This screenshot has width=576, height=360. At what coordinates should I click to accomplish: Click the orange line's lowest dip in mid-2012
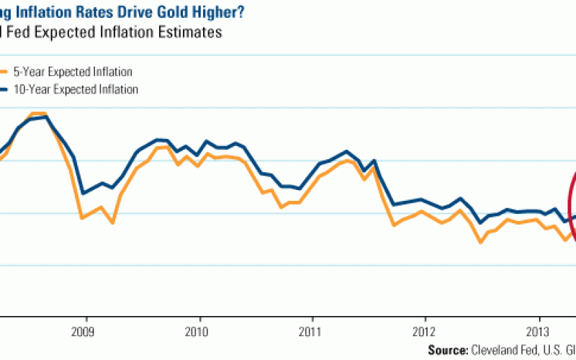coord(480,243)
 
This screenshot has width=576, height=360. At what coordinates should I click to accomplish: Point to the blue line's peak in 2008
coord(47,117)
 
